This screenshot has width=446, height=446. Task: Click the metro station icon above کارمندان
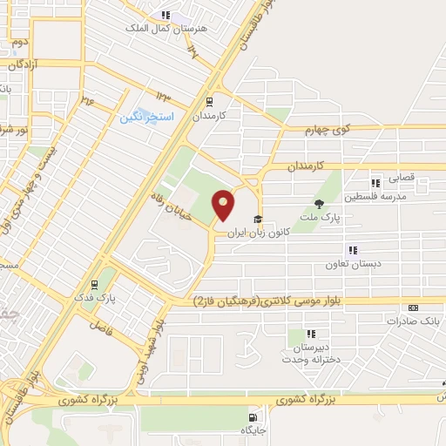tap(209, 101)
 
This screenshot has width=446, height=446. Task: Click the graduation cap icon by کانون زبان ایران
tap(257, 219)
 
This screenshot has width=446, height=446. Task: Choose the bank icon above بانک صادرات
tap(413, 307)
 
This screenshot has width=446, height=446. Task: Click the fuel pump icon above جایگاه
tap(253, 416)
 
